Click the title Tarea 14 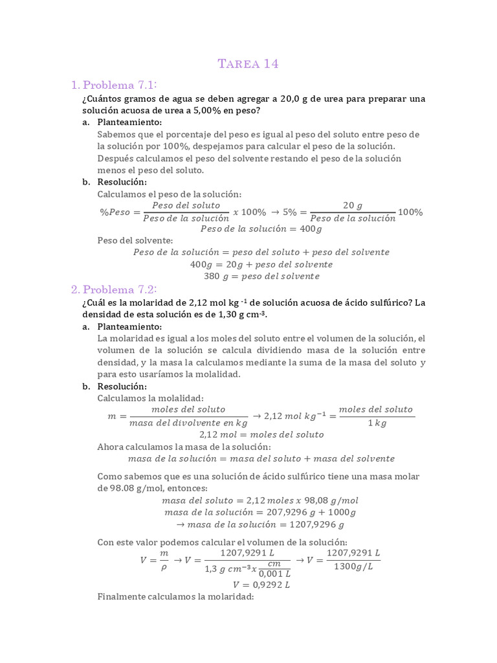click(x=248, y=63)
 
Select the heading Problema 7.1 click(x=120, y=85)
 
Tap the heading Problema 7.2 click(x=120, y=289)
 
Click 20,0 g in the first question click(x=296, y=98)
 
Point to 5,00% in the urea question click(x=197, y=111)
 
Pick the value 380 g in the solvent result click(x=214, y=276)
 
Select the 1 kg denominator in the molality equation click(x=375, y=423)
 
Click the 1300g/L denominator click(x=353, y=567)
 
